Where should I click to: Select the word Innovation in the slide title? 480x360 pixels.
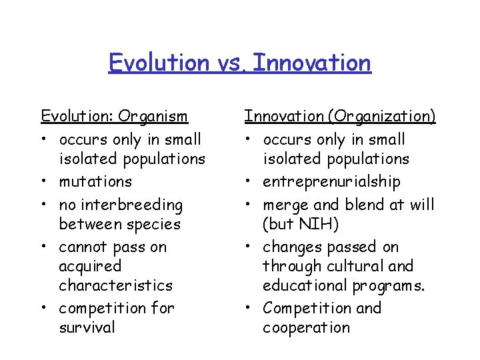pos(312,63)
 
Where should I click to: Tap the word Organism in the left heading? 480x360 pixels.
pos(153,117)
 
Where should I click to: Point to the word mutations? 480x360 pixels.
pos(95,181)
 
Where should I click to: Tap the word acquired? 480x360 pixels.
pos(90,267)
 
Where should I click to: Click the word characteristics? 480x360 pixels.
pos(115,285)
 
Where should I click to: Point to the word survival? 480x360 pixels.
pos(87,327)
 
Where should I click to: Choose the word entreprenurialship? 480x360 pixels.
pos(331,181)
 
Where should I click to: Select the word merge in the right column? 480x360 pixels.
pos(285,205)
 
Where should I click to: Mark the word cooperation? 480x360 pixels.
pos(306,327)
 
